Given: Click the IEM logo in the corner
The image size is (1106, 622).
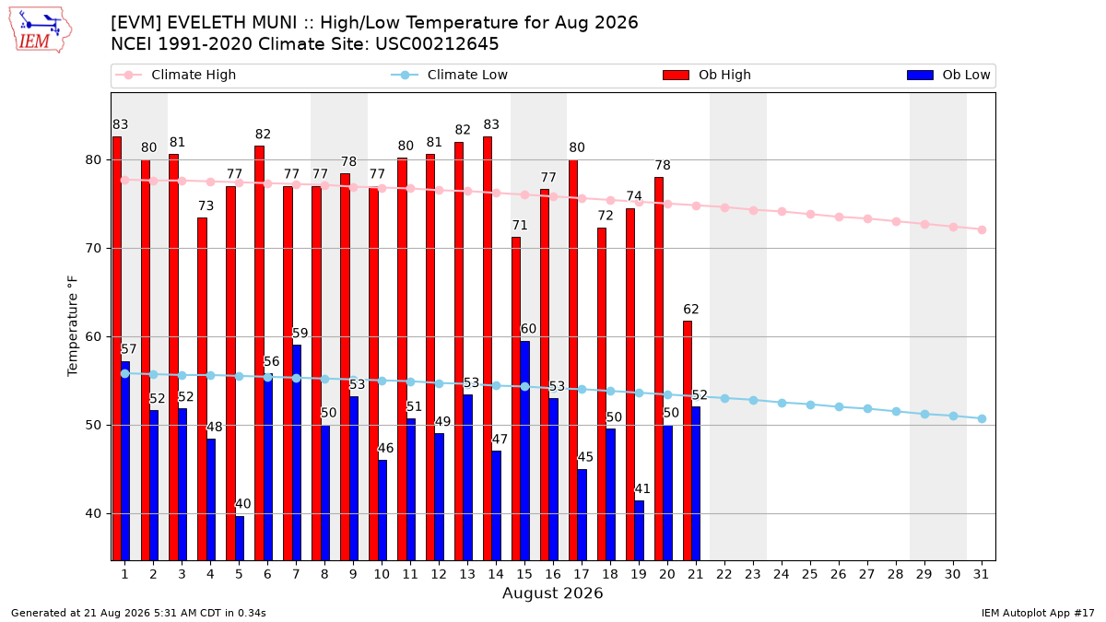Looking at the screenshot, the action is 41,30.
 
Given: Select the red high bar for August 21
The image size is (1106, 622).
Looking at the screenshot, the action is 688,440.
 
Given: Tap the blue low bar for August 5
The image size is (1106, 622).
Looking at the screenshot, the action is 240,538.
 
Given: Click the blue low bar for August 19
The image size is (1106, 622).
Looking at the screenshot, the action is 640,531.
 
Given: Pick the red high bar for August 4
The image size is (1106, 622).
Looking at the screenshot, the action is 202,389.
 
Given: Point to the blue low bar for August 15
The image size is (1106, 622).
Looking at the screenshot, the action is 524,451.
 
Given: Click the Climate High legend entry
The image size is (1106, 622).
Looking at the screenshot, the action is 176,75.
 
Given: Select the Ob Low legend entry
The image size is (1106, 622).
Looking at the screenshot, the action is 948,75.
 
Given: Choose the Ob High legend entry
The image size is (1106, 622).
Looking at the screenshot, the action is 707,75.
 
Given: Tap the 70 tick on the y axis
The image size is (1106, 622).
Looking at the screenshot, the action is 93,248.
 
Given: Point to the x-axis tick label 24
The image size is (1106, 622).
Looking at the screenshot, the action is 782,574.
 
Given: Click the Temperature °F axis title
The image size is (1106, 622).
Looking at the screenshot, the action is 73,326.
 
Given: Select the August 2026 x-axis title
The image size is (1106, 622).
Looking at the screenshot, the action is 552,593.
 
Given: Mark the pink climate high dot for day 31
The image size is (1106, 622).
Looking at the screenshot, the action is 982,230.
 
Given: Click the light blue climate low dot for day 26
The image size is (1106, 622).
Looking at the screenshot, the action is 839,406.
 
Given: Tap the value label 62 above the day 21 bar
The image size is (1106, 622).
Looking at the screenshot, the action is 691,309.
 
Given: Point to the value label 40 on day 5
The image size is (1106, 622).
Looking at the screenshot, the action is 243,504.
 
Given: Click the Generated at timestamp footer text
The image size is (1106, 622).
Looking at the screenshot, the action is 138,613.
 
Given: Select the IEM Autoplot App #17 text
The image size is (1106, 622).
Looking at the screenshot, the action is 1038,613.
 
